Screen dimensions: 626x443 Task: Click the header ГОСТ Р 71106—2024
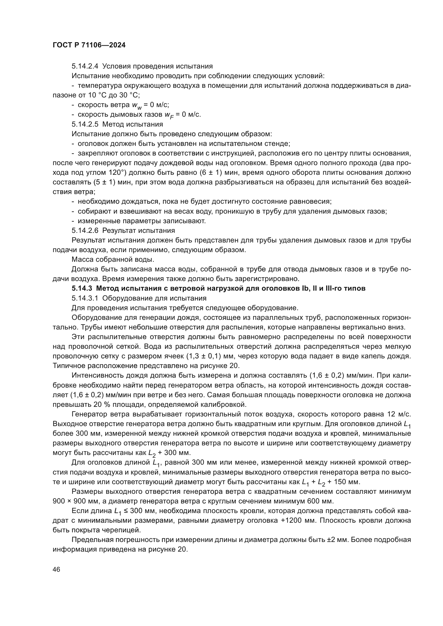pyautogui.click(x=89, y=45)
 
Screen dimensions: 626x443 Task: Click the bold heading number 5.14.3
pyautogui.click(x=82, y=289)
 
